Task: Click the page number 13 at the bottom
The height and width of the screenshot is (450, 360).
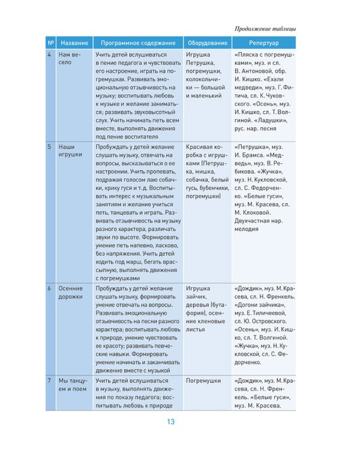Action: [x=171, y=422]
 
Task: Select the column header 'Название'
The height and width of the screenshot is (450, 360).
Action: [x=74, y=43]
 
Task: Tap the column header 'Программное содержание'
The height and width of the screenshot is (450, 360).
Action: [x=138, y=43]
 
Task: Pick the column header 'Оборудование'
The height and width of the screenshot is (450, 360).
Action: [x=207, y=43]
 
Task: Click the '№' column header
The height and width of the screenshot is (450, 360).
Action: [x=51, y=43]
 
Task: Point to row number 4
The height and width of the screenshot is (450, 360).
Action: [x=49, y=55]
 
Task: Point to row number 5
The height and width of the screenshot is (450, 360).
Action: [x=49, y=146]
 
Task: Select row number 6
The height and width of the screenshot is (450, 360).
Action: [x=49, y=288]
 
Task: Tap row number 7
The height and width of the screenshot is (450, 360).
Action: [x=49, y=381]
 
